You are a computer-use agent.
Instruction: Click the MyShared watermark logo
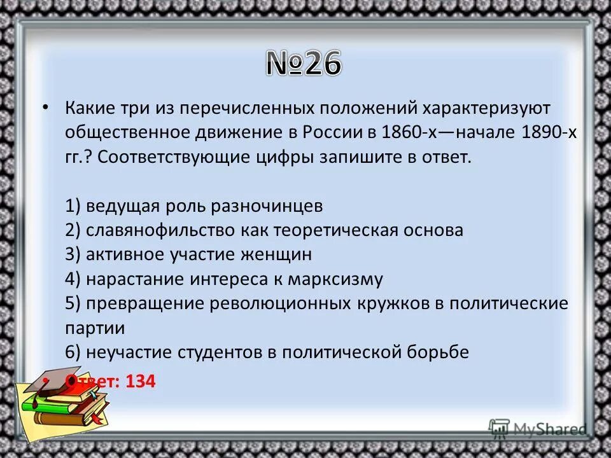pyautogui.click(x=538, y=428)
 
